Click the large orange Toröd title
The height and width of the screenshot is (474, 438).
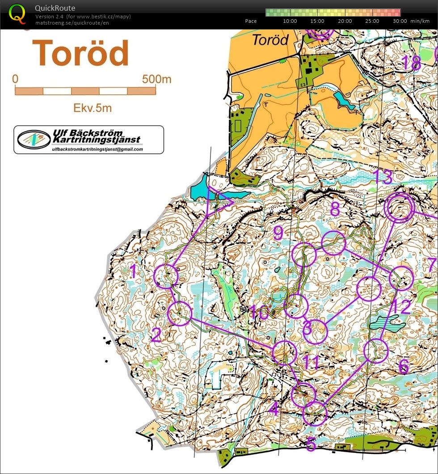[x=80, y=53]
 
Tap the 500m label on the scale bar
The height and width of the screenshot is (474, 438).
[x=156, y=79]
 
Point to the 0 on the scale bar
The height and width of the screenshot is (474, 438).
[x=15, y=79]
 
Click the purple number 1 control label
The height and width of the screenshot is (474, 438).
[x=133, y=271]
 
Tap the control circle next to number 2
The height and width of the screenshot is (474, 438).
[x=179, y=313]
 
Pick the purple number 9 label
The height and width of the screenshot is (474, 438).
[x=278, y=233]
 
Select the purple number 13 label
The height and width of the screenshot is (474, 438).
[x=382, y=178]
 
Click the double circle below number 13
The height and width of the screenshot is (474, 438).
[x=399, y=208]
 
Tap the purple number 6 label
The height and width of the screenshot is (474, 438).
[x=403, y=367]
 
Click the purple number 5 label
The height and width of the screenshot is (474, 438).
[x=311, y=444]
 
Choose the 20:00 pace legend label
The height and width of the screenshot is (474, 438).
[x=345, y=21]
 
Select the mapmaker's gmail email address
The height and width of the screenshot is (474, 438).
[x=97, y=149]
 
